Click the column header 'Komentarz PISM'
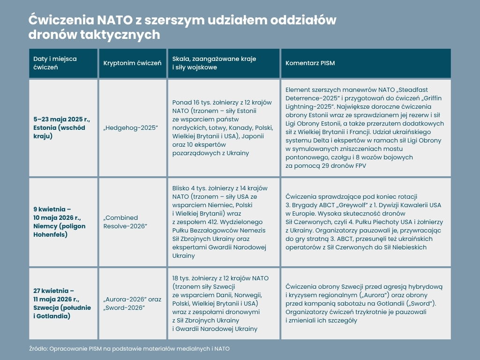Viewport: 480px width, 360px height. [x=310, y=63]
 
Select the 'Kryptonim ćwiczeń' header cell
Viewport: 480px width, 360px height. [x=132, y=63]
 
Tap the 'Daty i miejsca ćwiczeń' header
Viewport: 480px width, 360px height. [x=55, y=63]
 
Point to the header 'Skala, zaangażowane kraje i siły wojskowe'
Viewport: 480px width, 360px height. [x=214, y=63]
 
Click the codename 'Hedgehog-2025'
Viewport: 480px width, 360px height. [x=131, y=127]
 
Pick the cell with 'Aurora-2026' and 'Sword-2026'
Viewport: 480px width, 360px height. [x=132, y=303]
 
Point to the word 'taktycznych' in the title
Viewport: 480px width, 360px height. [x=120, y=35]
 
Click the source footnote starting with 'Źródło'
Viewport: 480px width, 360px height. [x=129, y=349]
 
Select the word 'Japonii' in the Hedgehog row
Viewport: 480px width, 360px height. [x=253, y=136]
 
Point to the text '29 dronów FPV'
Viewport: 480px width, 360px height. [x=344, y=166]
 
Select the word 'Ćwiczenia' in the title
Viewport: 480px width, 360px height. [x=61, y=20]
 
